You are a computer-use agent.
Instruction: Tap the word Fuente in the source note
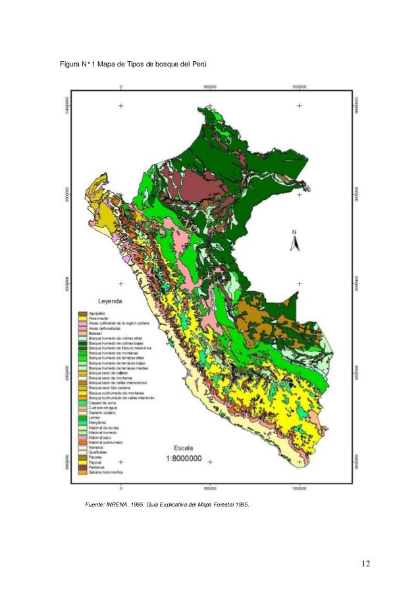[97, 504]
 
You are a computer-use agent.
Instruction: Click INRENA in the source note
[125, 504]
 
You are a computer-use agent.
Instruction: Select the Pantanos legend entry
[97, 467]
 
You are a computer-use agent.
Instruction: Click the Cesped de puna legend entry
[101, 403]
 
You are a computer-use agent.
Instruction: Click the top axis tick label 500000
[210, 86]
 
